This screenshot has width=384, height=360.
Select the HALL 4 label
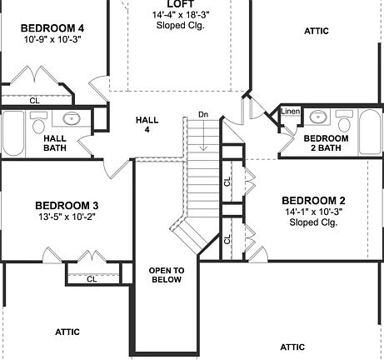[x=147, y=125]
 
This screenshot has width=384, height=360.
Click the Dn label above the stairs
[x=203, y=114]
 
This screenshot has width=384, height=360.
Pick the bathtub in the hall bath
[x=13, y=134]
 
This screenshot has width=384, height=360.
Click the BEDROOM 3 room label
[x=67, y=206]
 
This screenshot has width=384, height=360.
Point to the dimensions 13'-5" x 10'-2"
[x=67, y=218]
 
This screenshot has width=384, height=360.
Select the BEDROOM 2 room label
[x=313, y=201]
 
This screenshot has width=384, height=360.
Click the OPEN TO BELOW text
[x=167, y=276]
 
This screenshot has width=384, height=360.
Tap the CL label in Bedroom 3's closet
[x=92, y=279]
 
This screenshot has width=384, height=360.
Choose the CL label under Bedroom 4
[x=34, y=100]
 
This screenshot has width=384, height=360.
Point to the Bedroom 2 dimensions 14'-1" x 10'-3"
[x=313, y=212]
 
